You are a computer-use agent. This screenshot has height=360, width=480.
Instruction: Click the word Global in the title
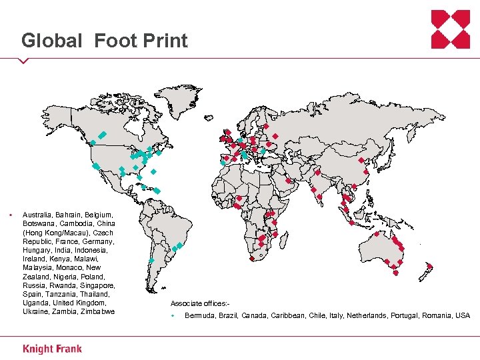coord(52,41)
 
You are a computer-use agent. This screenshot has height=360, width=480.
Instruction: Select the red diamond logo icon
coord(450,29)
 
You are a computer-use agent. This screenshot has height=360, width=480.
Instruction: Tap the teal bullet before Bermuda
coord(172,315)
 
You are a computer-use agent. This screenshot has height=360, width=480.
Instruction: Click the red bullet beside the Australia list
coord(10,215)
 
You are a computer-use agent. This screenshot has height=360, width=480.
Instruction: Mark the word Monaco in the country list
coord(69,267)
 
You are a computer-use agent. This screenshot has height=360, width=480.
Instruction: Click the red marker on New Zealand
coord(429,267)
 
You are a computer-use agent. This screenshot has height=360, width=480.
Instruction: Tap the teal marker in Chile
coord(151,260)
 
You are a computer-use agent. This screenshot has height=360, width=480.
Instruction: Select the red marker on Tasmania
coord(395,272)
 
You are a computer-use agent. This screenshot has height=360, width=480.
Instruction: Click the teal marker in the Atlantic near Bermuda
coord(153,172)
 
